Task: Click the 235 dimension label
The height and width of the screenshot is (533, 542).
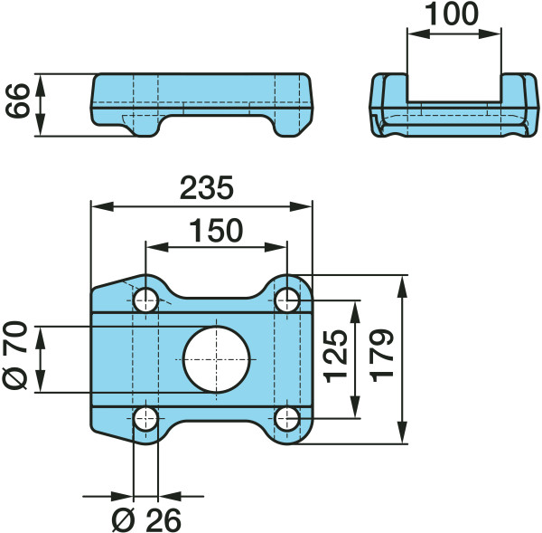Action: click(x=207, y=187)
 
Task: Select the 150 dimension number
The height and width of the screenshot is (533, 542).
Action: click(x=217, y=231)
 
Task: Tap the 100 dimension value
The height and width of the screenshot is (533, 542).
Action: click(x=452, y=14)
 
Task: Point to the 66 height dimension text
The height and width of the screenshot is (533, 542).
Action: click(x=18, y=100)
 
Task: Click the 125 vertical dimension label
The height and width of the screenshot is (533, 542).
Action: click(x=336, y=357)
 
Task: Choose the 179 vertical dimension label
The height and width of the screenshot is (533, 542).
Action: click(x=381, y=356)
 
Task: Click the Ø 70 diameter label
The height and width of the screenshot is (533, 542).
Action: click(x=14, y=356)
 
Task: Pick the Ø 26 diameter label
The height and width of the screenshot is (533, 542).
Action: click(x=146, y=520)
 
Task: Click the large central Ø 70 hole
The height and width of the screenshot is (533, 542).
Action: click(x=216, y=359)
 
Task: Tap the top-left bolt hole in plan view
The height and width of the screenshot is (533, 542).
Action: click(x=145, y=300)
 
